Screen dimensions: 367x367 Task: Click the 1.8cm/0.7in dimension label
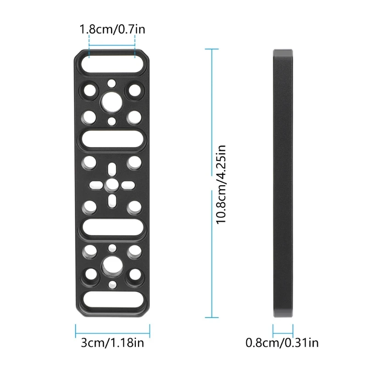click(x=112, y=29)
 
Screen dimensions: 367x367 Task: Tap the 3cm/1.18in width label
click(x=112, y=343)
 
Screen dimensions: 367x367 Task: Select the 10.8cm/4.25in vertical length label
click(x=221, y=184)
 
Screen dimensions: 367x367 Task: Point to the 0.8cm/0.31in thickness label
click(x=282, y=343)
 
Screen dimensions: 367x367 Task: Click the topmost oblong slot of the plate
click(x=112, y=63)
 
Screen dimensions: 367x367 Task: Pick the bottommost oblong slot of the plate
click(x=112, y=300)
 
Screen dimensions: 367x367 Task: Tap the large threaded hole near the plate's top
click(x=112, y=102)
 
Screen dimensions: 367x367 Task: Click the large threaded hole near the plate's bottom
click(x=112, y=267)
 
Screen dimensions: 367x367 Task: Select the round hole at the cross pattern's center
click(x=112, y=185)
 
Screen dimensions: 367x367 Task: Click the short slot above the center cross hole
click(x=112, y=169)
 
